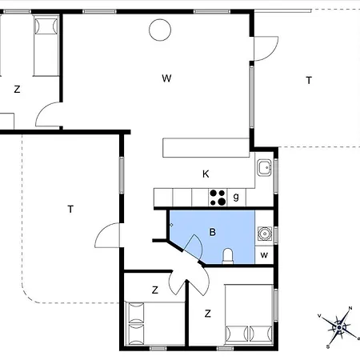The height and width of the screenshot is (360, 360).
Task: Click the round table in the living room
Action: (x=160, y=30)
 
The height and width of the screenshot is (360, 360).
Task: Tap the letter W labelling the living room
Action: (x=166, y=78)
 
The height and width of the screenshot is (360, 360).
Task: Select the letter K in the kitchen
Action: (x=206, y=174)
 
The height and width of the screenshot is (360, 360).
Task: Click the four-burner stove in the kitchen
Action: (x=218, y=198)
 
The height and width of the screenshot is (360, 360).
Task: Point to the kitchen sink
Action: (x=264, y=167)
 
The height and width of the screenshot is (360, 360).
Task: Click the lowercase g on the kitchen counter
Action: (x=236, y=197)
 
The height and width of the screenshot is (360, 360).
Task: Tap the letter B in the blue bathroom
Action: (x=212, y=232)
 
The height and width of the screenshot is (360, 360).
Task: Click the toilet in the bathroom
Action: (x=228, y=256)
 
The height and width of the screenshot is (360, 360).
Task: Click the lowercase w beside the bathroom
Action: (x=264, y=255)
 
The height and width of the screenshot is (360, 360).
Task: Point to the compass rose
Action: (x=339, y=327)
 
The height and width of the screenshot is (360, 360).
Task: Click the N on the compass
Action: (x=350, y=308)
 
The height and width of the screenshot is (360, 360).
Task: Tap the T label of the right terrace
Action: (x=309, y=80)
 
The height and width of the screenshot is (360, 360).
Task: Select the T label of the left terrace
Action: (x=70, y=209)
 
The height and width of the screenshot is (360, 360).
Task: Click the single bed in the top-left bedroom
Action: (x=46, y=46)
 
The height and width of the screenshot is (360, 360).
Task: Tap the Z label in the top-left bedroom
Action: (x=17, y=89)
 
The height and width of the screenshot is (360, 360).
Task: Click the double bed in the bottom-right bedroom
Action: (x=249, y=314)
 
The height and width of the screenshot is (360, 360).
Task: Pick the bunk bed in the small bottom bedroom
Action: (x=155, y=323)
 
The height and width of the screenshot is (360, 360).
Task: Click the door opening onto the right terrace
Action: (x=266, y=49)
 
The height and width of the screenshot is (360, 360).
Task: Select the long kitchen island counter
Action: (x=206, y=147)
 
